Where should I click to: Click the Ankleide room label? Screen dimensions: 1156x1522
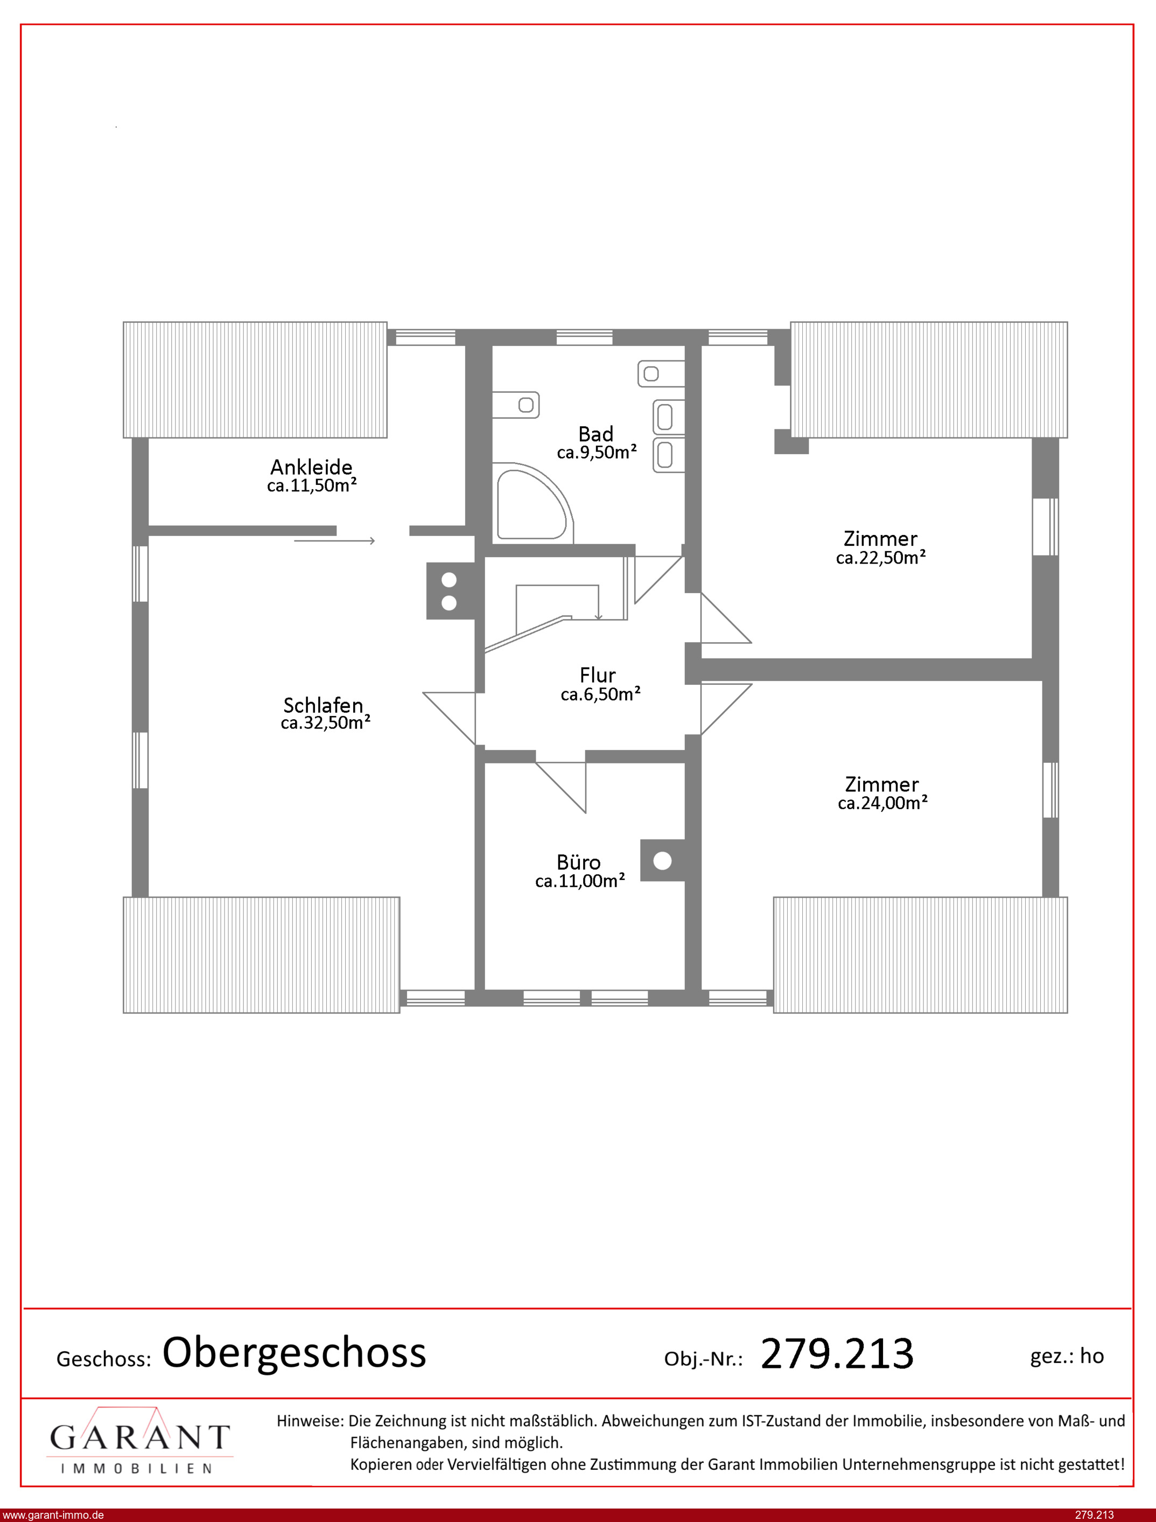[x=311, y=468]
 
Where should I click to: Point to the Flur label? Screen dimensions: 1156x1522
[x=597, y=675]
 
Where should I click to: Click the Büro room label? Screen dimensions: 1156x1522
[x=579, y=863]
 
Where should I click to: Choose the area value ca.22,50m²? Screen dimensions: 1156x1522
[x=881, y=558]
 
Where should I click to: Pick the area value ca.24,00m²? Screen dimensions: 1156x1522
[x=883, y=803]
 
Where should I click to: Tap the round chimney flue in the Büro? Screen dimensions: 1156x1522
[x=662, y=860]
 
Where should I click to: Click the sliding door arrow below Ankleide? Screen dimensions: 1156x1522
[x=334, y=541]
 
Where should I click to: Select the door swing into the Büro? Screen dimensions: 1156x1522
[x=561, y=788]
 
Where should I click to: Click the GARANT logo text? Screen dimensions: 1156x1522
[x=139, y=1438]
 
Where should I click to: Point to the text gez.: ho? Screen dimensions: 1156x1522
[x=1067, y=1356]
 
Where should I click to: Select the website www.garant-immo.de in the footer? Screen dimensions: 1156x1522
[x=53, y=1515]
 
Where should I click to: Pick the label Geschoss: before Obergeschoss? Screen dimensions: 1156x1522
[x=104, y=1359]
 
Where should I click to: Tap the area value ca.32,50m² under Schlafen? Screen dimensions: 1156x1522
[x=325, y=723]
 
